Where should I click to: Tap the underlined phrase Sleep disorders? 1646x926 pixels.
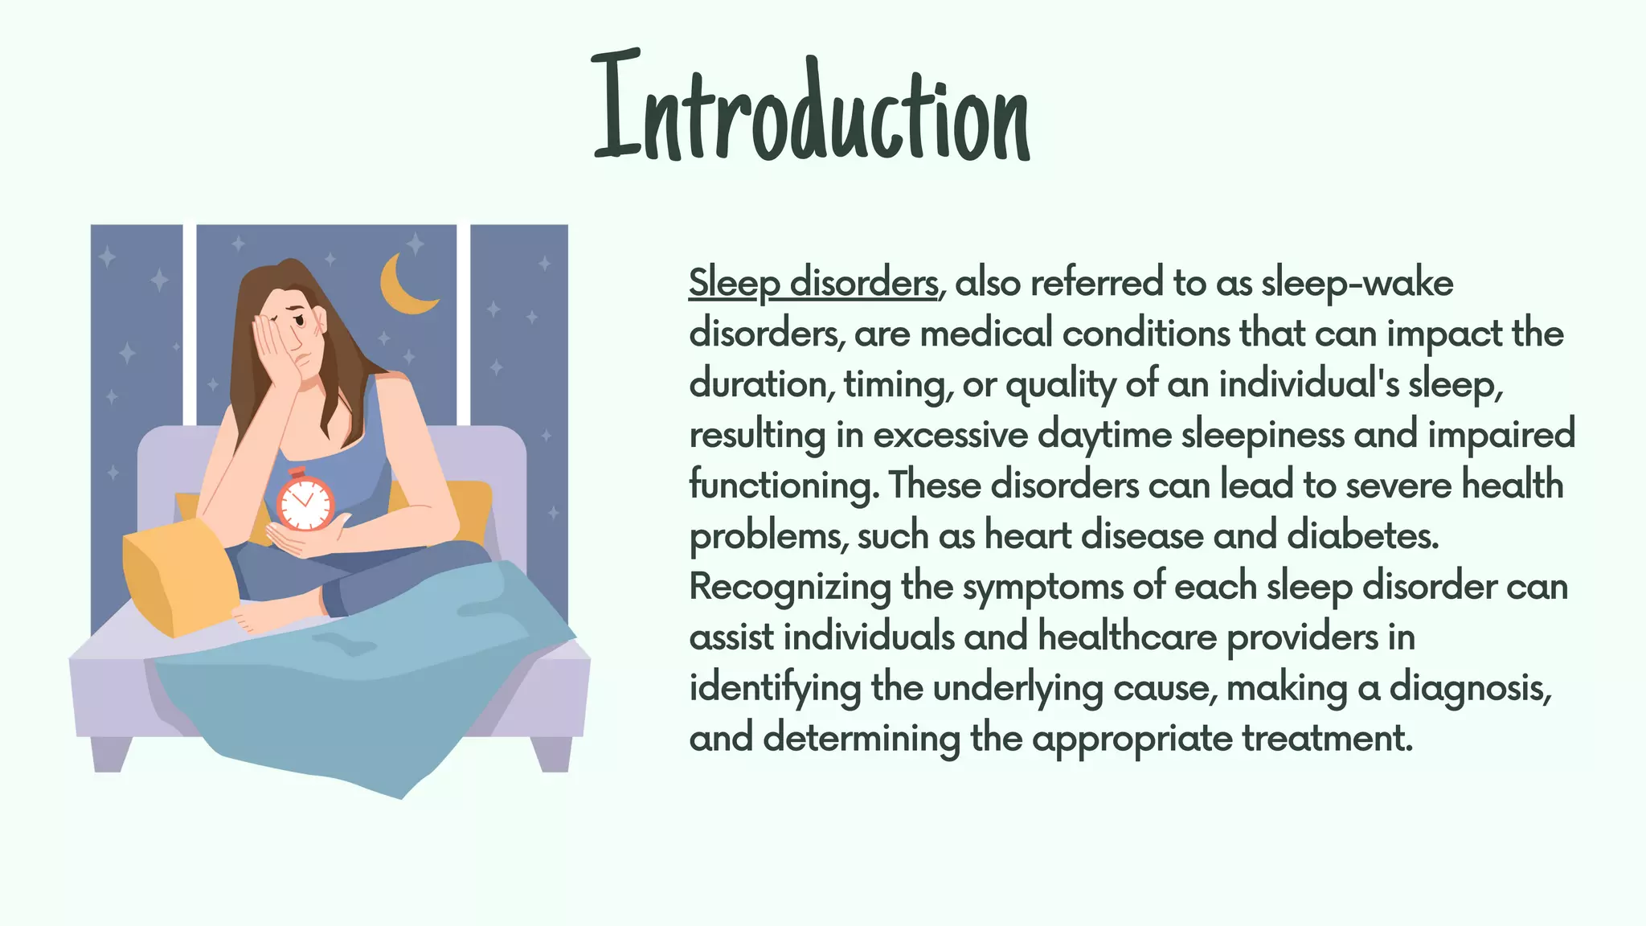(813, 283)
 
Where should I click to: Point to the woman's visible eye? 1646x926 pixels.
(301, 321)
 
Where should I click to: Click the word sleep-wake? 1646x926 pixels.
(1357, 283)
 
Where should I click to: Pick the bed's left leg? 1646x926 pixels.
(111, 753)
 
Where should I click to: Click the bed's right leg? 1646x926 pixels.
(551, 753)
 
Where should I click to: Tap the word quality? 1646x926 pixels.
(1060, 385)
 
